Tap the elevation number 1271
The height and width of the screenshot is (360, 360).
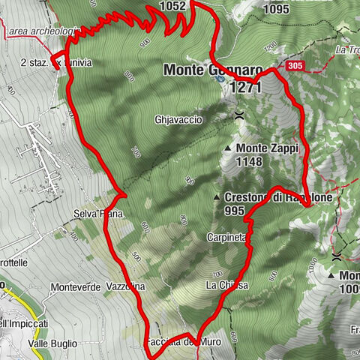(x=245, y=88)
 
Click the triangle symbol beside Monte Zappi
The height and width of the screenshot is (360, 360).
(x=228, y=148)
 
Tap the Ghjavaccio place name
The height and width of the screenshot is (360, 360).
(x=178, y=119)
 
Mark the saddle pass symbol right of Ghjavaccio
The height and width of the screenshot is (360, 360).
(x=238, y=115)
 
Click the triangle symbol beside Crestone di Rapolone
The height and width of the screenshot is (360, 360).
(x=217, y=197)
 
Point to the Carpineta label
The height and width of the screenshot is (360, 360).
(x=226, y=238)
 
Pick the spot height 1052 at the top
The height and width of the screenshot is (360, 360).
(x=172, y=6)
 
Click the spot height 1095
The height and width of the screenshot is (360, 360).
(x=276, y=10)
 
